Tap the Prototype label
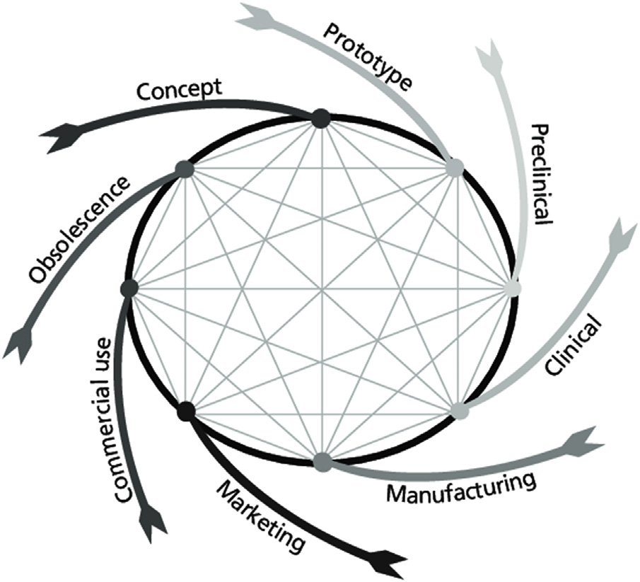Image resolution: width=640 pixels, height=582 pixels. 368,56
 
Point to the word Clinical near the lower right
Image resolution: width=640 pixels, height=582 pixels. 574,347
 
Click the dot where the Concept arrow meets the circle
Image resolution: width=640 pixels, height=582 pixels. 320,117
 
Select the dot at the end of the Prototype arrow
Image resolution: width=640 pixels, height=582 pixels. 454,168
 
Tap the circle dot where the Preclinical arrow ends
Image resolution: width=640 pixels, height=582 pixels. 513,289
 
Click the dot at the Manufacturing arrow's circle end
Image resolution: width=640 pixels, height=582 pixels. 322,461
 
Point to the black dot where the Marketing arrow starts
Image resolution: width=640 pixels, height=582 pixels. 187,409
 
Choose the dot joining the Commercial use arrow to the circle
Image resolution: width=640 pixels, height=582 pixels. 129,288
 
